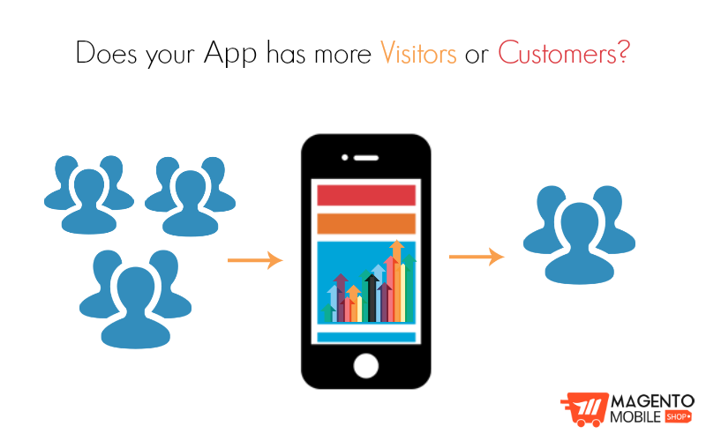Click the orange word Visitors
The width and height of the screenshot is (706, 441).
[418, 53]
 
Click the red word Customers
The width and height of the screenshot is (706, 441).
[555, 53]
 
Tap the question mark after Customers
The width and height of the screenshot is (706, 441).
[623, 52]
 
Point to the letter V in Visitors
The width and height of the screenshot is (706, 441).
[387, 53]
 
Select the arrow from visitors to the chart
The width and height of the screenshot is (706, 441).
[255, 260]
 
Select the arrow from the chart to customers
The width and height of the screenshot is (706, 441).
[477, 257]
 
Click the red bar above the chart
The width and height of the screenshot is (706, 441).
[366, 195]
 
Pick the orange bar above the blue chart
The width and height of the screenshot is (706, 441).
[366, 223]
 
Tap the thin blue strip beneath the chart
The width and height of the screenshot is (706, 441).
[366, 337]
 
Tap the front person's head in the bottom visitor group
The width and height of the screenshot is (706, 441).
[135, 288]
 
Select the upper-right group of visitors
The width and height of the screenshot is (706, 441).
[190, 196]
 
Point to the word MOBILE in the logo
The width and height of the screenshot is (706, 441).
[635, 415]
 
